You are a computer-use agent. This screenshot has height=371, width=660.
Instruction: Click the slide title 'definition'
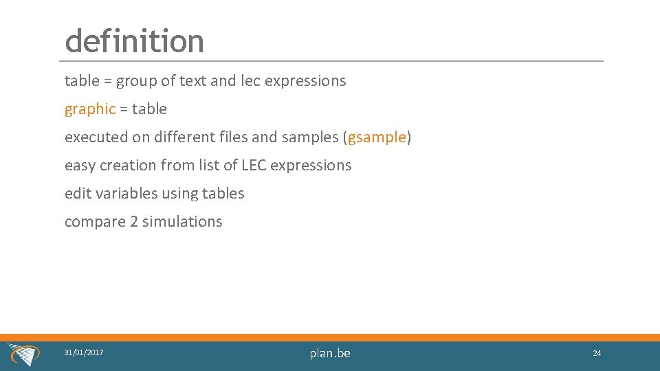(x=134, y=41)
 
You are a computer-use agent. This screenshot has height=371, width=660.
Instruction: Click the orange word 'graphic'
(x=89, y=109)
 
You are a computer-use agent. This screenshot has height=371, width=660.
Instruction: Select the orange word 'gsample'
(x=377, y=137)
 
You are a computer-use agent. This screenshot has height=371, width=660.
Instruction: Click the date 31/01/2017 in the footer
(x=84, y=352)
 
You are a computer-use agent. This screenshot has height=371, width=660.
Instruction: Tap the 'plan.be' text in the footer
(x=330, y=353)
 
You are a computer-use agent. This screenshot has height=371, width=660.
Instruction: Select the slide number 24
(x=597, y=353)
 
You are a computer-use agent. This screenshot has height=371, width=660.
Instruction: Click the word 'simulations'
(x=182, y=222)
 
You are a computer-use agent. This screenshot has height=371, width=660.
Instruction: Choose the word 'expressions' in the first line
(x=305, y=81)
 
